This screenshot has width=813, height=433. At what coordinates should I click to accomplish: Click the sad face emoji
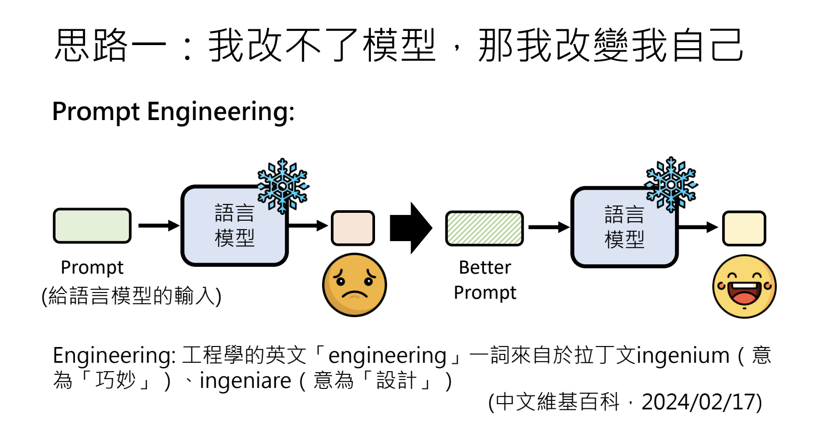point(354,285)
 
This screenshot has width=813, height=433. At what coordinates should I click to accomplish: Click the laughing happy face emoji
point(744,286)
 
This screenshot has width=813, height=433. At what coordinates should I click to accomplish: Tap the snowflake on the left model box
point(283,186)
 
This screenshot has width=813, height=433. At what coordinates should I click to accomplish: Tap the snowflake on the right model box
point(670,185)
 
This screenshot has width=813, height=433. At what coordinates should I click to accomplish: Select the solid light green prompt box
point(92,226)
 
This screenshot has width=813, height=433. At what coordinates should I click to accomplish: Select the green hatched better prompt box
point(484,228)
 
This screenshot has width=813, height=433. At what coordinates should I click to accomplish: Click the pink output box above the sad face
point(352,228)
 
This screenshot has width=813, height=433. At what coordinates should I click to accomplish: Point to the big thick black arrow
point(410,228)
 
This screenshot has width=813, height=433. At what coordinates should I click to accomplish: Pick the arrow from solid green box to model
point(158,226)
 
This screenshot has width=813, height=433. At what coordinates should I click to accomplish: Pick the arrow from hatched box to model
point(549,228)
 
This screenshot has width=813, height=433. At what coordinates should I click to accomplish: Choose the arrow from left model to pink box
point(308,226)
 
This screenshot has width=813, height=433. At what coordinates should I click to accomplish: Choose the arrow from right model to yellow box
point(698,228)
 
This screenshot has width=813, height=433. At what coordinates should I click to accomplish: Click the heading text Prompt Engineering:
point(173,112)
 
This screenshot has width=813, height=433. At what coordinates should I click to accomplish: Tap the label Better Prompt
point(485,280)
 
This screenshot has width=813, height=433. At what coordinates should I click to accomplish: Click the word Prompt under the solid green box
point(92,267)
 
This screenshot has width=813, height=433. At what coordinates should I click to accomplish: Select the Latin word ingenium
point(682,356)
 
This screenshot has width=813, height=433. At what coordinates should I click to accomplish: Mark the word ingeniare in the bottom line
point(245,381)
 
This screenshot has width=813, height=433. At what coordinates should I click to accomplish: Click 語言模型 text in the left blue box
point(234,226)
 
